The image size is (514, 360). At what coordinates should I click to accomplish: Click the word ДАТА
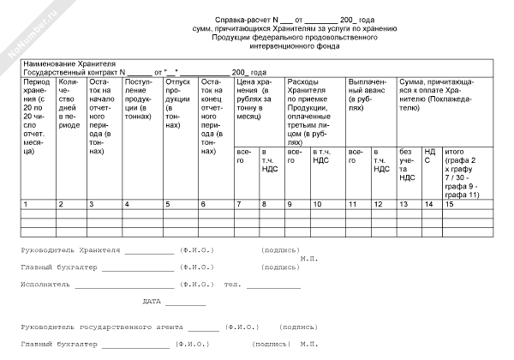[x=152, y=301]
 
